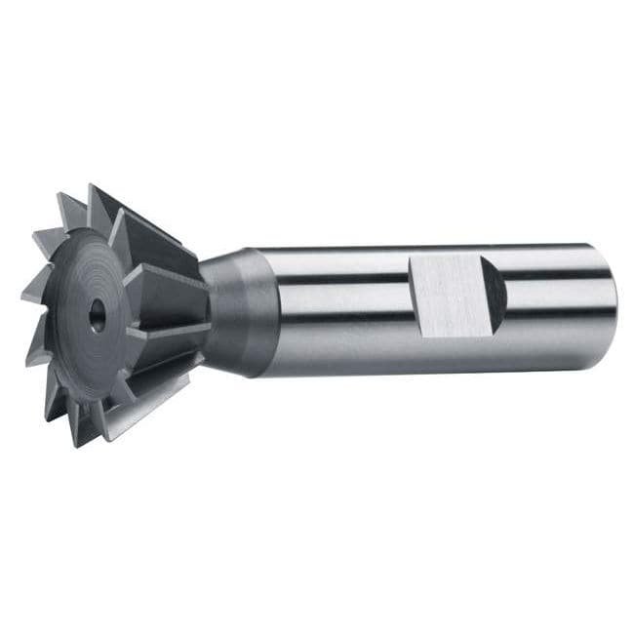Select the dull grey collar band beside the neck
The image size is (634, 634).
click(x=258, y=311)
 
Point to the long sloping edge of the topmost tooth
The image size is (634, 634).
click(x=146, y=219)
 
